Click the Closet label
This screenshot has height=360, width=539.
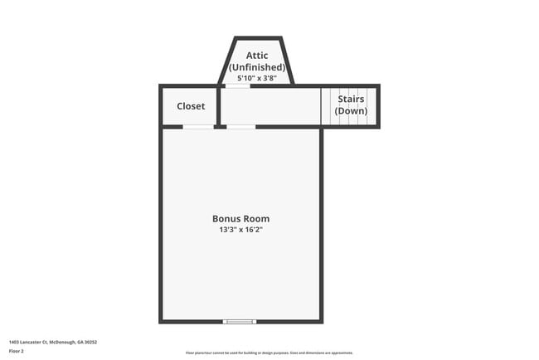(191, 106)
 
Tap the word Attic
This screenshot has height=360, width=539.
(257, 56)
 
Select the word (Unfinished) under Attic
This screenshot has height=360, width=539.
(257, 67)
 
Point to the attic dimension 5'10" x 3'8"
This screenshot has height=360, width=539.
(257, 78)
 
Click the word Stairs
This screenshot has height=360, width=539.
(350, 100)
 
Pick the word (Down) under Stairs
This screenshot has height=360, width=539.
(350, 111)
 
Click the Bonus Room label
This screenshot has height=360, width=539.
(240, 219)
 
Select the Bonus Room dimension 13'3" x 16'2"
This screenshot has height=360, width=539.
(240, 230)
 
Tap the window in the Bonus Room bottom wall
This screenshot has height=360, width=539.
(240, 321)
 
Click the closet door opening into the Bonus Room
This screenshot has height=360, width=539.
(197, 126)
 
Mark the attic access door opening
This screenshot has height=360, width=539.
(238, 85)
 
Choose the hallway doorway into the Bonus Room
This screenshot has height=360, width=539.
(240, 126)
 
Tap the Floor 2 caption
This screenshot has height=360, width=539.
(17, 352)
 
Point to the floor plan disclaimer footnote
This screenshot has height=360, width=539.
(269, 353)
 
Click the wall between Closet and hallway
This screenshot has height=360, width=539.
(218, 105)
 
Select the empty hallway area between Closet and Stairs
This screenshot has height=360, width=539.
(269, 106)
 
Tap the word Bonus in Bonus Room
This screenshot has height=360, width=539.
(226, 219)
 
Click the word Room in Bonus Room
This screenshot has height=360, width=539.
(256, 219)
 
